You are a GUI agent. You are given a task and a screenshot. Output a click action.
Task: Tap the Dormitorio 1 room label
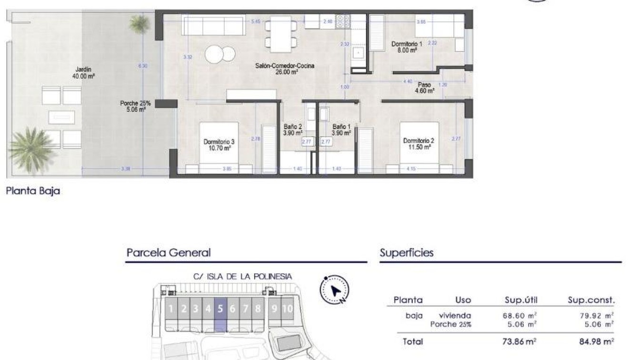click(407, 47)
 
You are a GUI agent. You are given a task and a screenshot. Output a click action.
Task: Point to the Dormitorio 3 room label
click(219, 145)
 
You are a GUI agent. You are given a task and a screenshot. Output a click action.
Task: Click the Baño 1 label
click(341, 130)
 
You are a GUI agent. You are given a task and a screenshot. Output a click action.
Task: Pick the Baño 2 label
click(293, 130)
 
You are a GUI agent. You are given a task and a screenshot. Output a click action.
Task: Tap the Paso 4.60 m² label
click(424, 88)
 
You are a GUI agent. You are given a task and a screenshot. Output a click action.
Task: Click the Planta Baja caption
click(33, 191)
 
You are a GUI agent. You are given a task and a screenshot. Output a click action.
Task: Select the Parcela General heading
click(169, 253)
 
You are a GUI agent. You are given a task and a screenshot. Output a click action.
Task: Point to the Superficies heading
click(407, 253)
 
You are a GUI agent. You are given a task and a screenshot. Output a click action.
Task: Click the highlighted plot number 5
click(220, 309)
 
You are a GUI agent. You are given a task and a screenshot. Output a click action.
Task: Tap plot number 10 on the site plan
click(287, 309)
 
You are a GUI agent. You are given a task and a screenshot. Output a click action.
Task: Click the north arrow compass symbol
click(335, 290)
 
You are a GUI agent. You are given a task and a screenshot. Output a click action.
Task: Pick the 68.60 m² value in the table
click(519, 315)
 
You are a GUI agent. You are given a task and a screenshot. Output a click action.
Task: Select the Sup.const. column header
click(591, 300)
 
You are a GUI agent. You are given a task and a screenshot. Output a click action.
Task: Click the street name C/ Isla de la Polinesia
click(242, 276)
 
